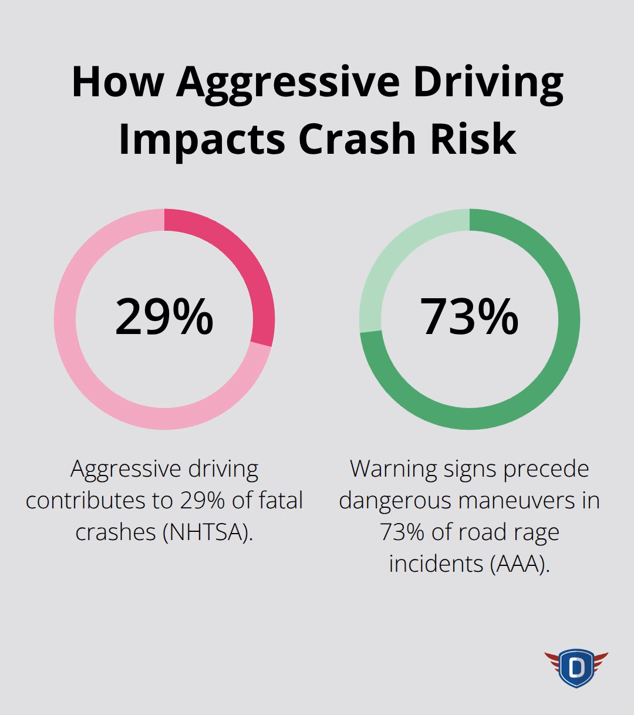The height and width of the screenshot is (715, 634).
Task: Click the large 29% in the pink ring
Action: click(164, 317)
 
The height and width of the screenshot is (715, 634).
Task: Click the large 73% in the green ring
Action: click(469, 317)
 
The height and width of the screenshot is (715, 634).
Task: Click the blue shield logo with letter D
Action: click(576, 667)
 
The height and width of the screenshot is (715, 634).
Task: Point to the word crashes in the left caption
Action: click(115, 532)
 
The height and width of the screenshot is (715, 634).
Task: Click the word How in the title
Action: click(117, 83)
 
